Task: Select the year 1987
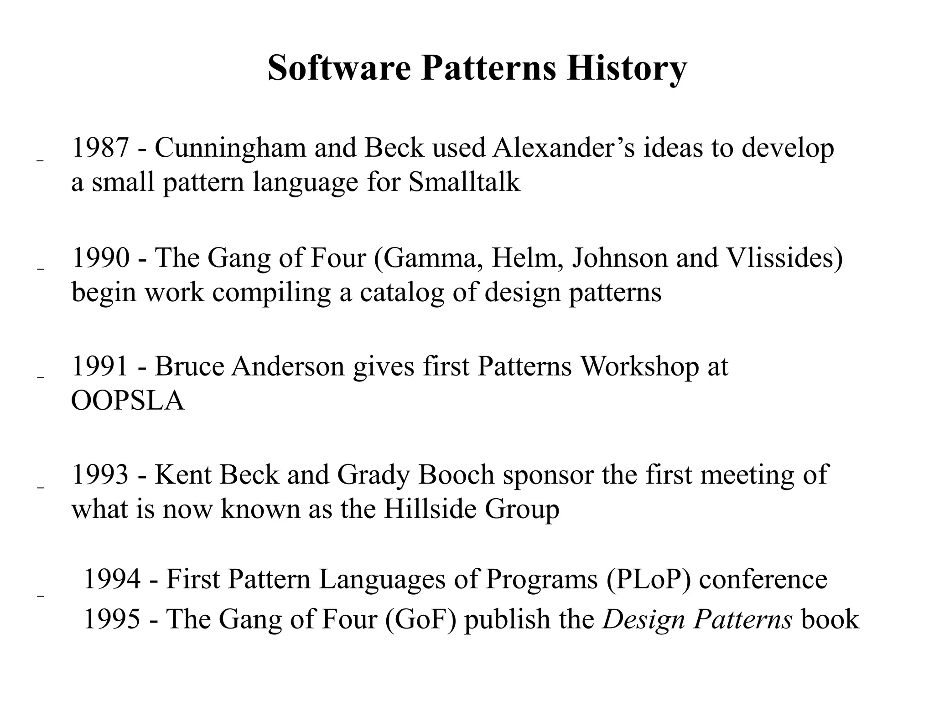pyautogui.click(x=100, y=148)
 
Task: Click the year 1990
pyautogui.click(x=100, y=257)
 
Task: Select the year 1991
pyautogui.click(x=100, y=366)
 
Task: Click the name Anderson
pyautogui.click(x=288, y=366)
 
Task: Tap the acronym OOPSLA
pyautogui.click(x=128, y=401)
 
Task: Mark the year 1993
pyautogui.click(x=100, y=474)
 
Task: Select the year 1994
pyautogui.click(x=112, y=579)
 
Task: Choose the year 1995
pyautogui.click(x=112, y=619)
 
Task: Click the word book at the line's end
pyautogui.click(x=830, y=619)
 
